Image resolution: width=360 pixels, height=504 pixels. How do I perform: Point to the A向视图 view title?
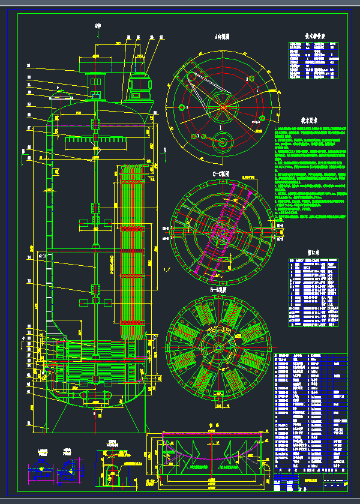pos(223,36)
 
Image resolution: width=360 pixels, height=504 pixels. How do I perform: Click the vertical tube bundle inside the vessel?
pos(134,252)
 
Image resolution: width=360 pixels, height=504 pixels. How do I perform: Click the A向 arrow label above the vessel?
pos(98,26)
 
